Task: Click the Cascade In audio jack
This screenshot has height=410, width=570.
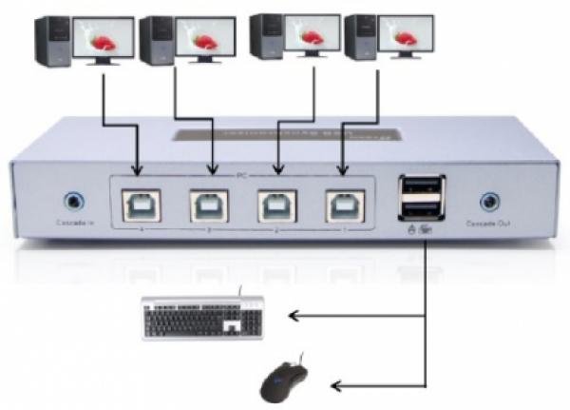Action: [73, 202]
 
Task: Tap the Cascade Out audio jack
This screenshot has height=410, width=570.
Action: [489, 201]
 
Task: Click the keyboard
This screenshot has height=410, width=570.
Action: [203, 317]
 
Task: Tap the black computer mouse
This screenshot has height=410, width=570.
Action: [286, 381]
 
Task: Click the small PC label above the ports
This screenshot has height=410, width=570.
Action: [242, 176]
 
